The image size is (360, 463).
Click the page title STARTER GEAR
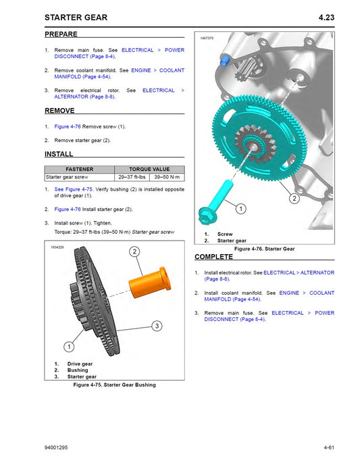(x=75, y=17)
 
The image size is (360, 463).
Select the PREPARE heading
(x=61, y=34)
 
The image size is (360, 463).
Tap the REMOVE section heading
(x=59, y=111)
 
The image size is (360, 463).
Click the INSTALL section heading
(x=59, y=155)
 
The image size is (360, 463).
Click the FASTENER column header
(x=80, y=169)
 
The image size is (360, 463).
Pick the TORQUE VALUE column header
(x=149, y=169)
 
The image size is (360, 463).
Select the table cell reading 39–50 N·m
(x=168, y=177)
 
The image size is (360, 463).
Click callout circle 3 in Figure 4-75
(x=157, y=326)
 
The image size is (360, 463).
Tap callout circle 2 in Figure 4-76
(x=294, y=199)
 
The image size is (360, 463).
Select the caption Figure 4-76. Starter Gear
(x=265, y=249)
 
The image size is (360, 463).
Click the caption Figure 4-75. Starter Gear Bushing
(x=114, y=385)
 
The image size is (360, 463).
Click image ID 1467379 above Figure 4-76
(x=207, y=39)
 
